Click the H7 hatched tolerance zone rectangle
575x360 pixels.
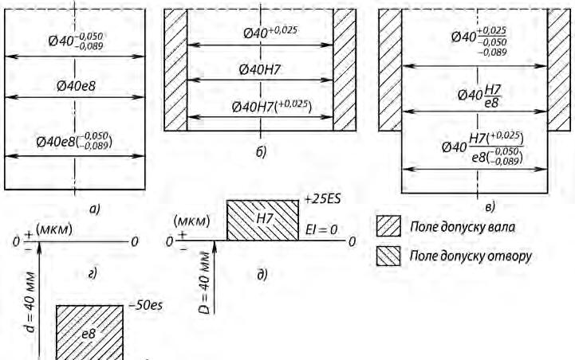point(262,221)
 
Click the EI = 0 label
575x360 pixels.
point(322,229)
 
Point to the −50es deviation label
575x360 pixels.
point(144,304)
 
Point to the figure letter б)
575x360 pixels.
point(261,151)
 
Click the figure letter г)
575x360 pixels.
point(93,274)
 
